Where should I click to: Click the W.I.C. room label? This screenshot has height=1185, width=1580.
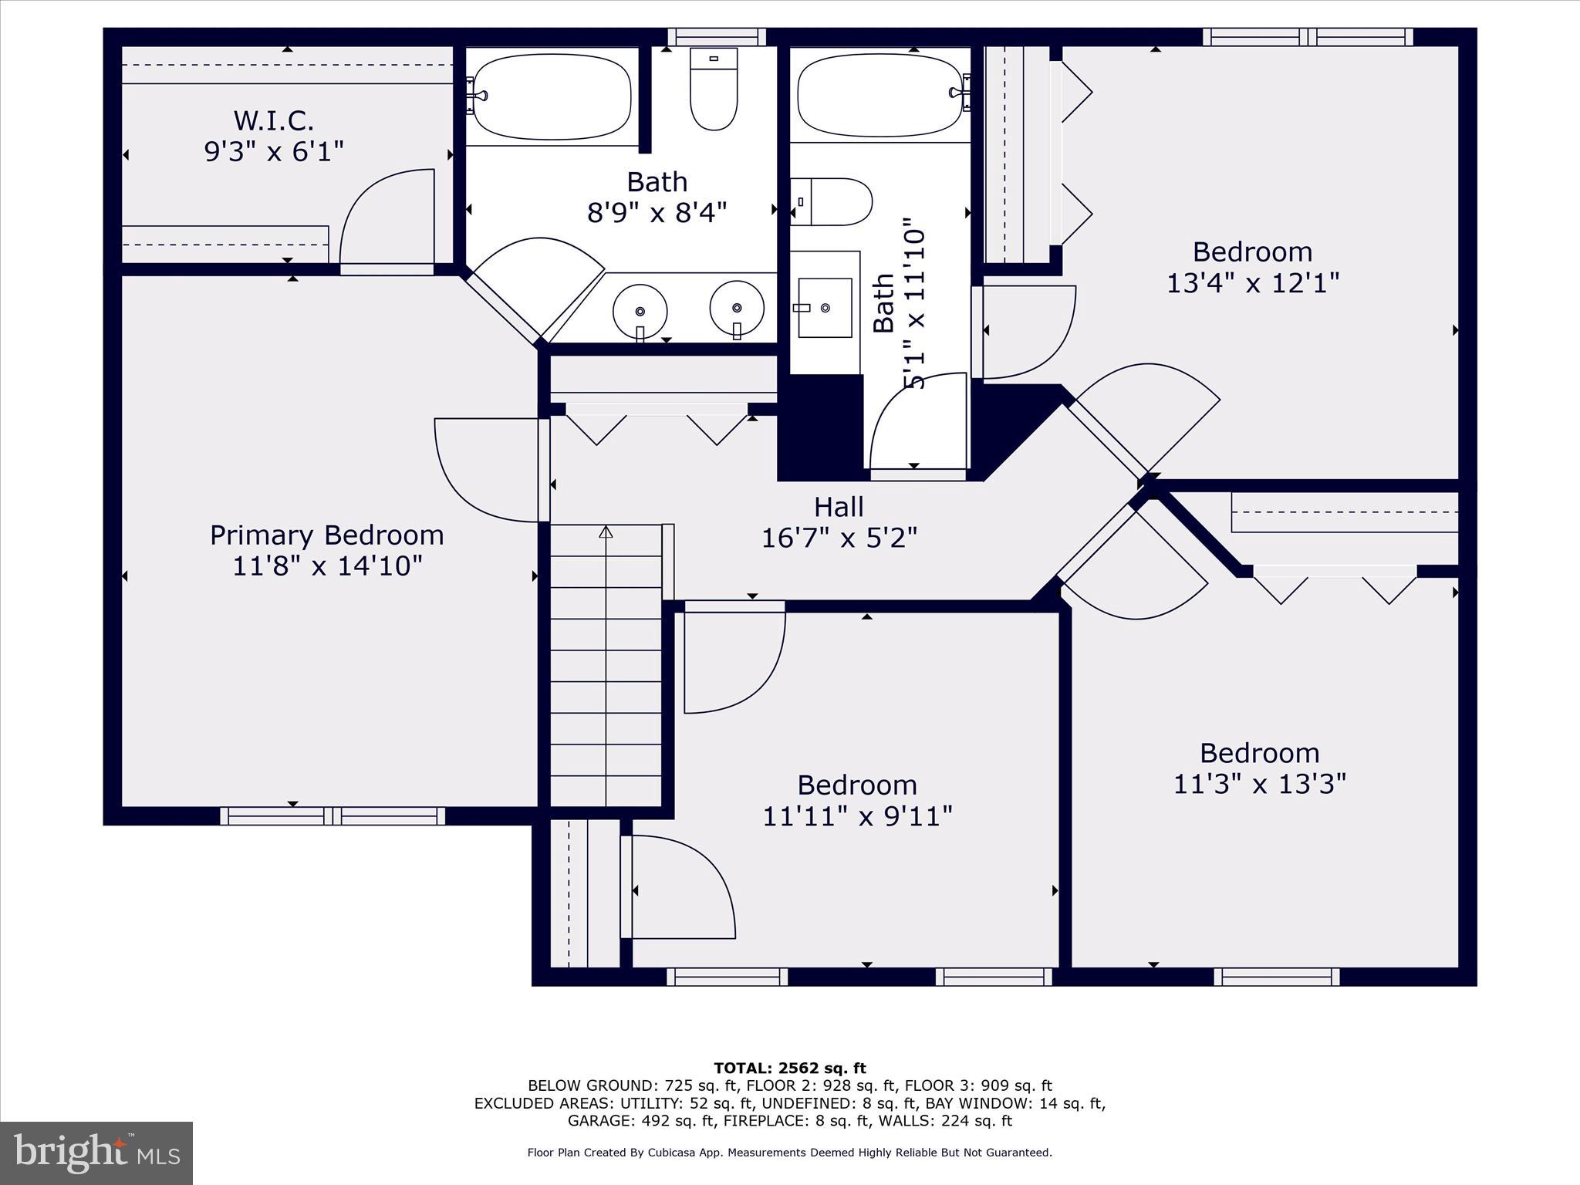(274, 120)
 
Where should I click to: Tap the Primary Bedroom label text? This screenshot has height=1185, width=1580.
(327, 535)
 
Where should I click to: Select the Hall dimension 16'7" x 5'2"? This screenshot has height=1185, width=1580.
(839, 538)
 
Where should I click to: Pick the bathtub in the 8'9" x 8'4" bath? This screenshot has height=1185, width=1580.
(552, 96)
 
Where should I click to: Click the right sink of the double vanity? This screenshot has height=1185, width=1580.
(737, 308)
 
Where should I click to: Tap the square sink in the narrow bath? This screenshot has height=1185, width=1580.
(825, 308)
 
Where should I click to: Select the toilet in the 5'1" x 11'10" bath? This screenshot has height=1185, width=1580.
(832, 202)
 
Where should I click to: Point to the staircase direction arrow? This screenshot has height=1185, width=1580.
(606, 532)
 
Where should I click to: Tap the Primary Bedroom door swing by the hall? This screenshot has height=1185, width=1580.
(486, 471)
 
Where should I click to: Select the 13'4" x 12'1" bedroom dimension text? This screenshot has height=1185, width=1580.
(1252, 283)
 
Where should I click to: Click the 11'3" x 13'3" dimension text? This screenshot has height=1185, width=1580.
(1259, 785)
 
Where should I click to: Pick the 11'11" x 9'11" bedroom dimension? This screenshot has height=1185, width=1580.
(857, 816)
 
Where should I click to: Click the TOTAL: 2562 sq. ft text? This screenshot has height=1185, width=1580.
(789, 1069)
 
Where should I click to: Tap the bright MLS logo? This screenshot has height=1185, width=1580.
(96, 1153)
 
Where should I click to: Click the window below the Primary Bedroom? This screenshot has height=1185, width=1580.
(333, 815)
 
